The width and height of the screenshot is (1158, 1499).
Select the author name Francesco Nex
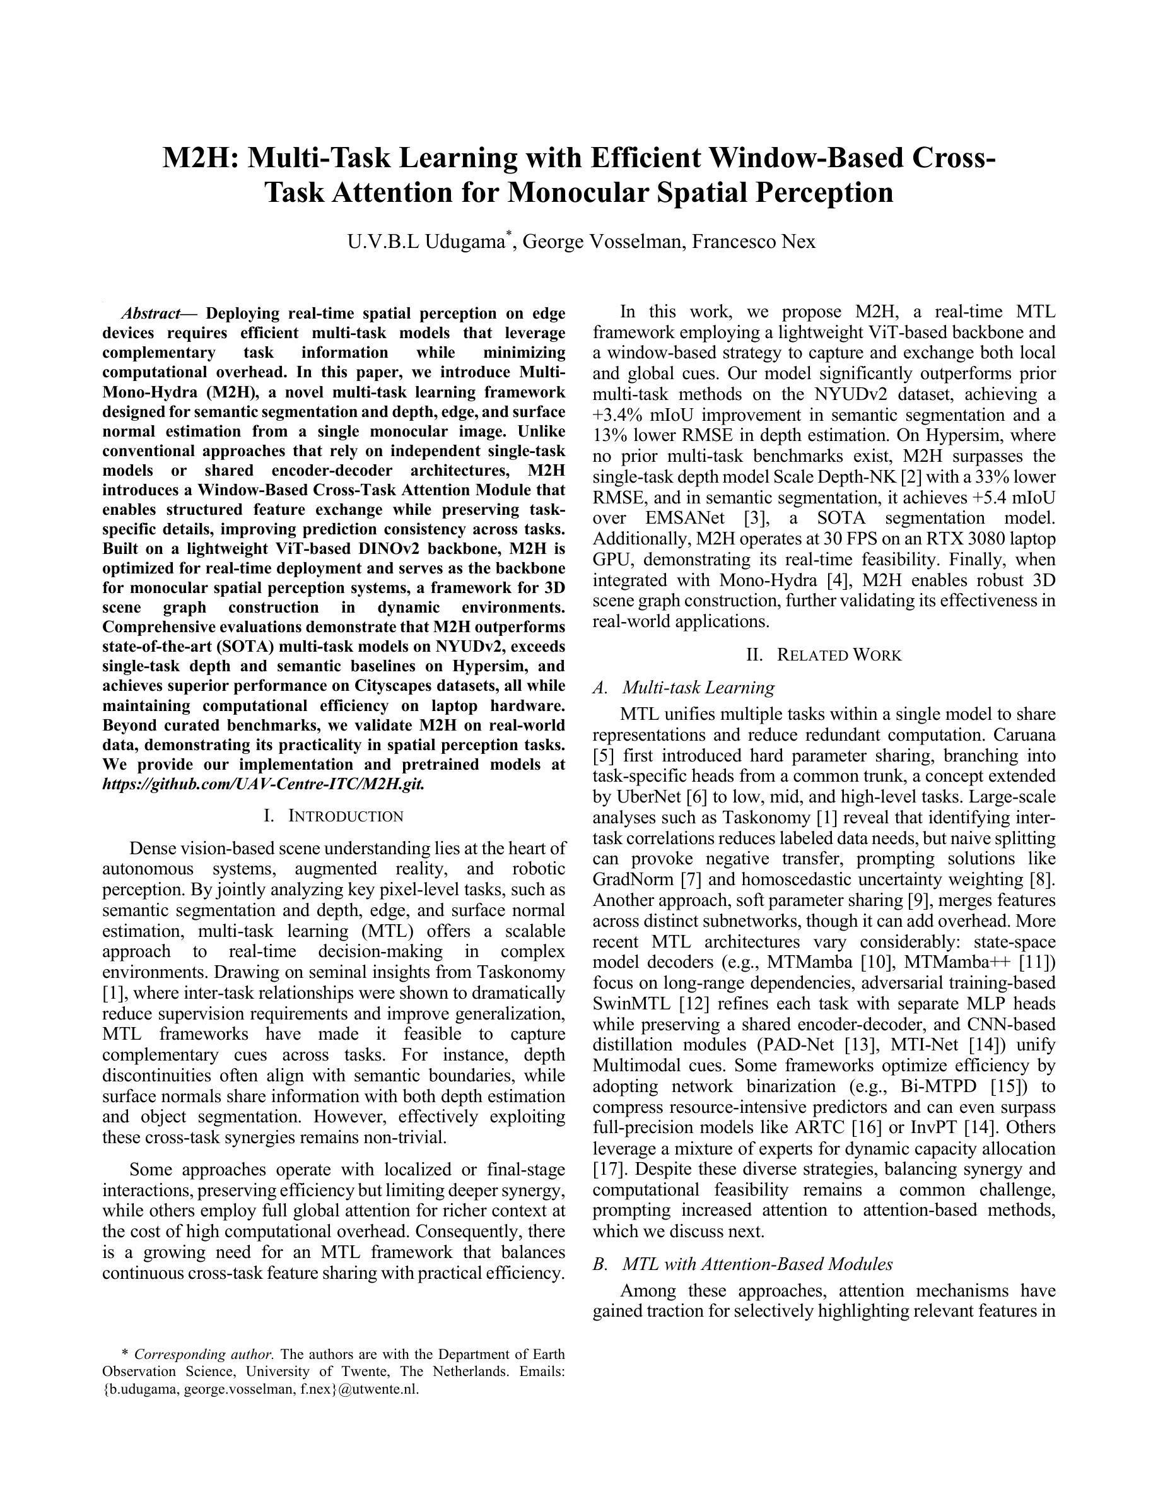[753, 242]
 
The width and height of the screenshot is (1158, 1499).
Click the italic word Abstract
[150, 314]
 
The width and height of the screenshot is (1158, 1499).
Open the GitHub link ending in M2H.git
[263, 783]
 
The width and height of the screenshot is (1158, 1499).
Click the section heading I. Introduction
[334, 816]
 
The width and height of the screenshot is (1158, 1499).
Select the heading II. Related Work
[823, 655]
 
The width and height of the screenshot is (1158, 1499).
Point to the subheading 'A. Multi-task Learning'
[683, 687]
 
